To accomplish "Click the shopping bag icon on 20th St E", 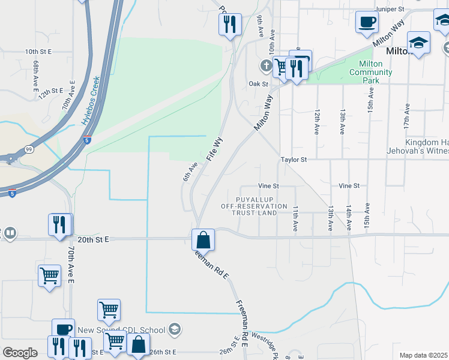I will point(203,239).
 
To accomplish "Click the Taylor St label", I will point(294,160).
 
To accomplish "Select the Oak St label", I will point(259,84).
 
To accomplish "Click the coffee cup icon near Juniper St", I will point(367,23).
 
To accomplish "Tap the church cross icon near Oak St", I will point(265,65).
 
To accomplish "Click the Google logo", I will point(20,353).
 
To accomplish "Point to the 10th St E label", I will point(40,52).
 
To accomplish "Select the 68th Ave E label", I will point(37,71).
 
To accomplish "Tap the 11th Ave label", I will point(296,218).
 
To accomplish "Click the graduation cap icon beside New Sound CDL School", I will point(174,329).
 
